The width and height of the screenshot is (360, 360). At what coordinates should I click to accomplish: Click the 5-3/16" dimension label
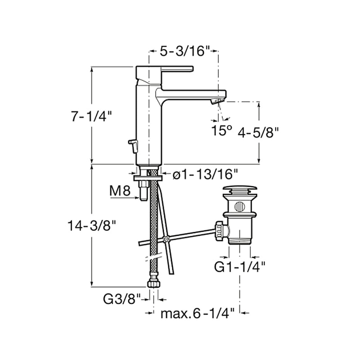(185, 51)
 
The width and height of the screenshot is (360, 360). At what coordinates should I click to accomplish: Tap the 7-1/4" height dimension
(91, 117)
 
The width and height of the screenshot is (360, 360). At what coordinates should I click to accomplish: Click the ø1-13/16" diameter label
(205, 175)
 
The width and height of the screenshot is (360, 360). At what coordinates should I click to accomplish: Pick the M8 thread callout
(120, 191)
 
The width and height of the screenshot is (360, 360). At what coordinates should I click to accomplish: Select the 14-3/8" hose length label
(92, 226)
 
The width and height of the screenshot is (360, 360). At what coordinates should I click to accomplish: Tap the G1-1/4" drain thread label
(239, 267)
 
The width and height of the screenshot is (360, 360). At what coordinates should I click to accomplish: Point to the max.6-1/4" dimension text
(197, 313)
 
